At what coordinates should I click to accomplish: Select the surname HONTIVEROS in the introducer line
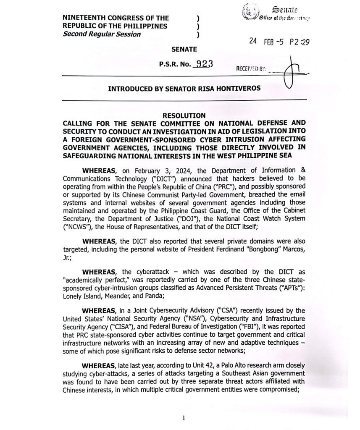click(238, 89)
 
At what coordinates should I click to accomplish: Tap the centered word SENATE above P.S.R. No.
click(184, 49)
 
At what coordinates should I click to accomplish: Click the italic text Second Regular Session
click(102, 34)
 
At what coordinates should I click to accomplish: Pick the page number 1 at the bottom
click(184, 418)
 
